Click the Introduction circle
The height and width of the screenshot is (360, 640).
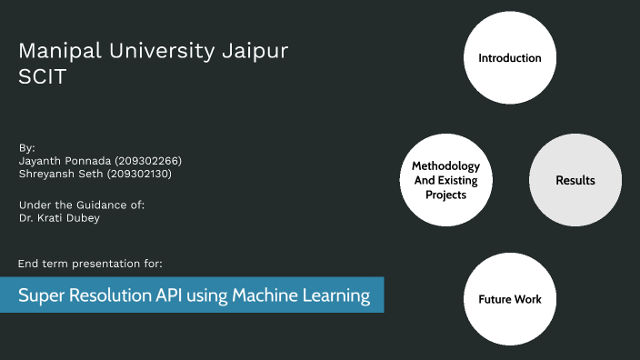[510, 58]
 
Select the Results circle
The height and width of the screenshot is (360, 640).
[575, 180]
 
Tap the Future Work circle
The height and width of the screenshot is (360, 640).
[510, 298]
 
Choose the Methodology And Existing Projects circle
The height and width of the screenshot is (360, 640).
[445, 180]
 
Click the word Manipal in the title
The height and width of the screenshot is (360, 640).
[54, 52]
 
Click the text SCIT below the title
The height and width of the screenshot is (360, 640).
[42, 77]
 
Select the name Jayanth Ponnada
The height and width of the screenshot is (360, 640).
[65, 160]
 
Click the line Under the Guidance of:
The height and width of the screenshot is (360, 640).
[81, 205]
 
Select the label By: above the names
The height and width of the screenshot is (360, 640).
[27, 146]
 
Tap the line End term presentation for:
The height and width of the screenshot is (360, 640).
[90, 264]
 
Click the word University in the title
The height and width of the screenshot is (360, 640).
[155, 52]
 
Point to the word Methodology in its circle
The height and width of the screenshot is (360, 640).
[445, 166]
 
